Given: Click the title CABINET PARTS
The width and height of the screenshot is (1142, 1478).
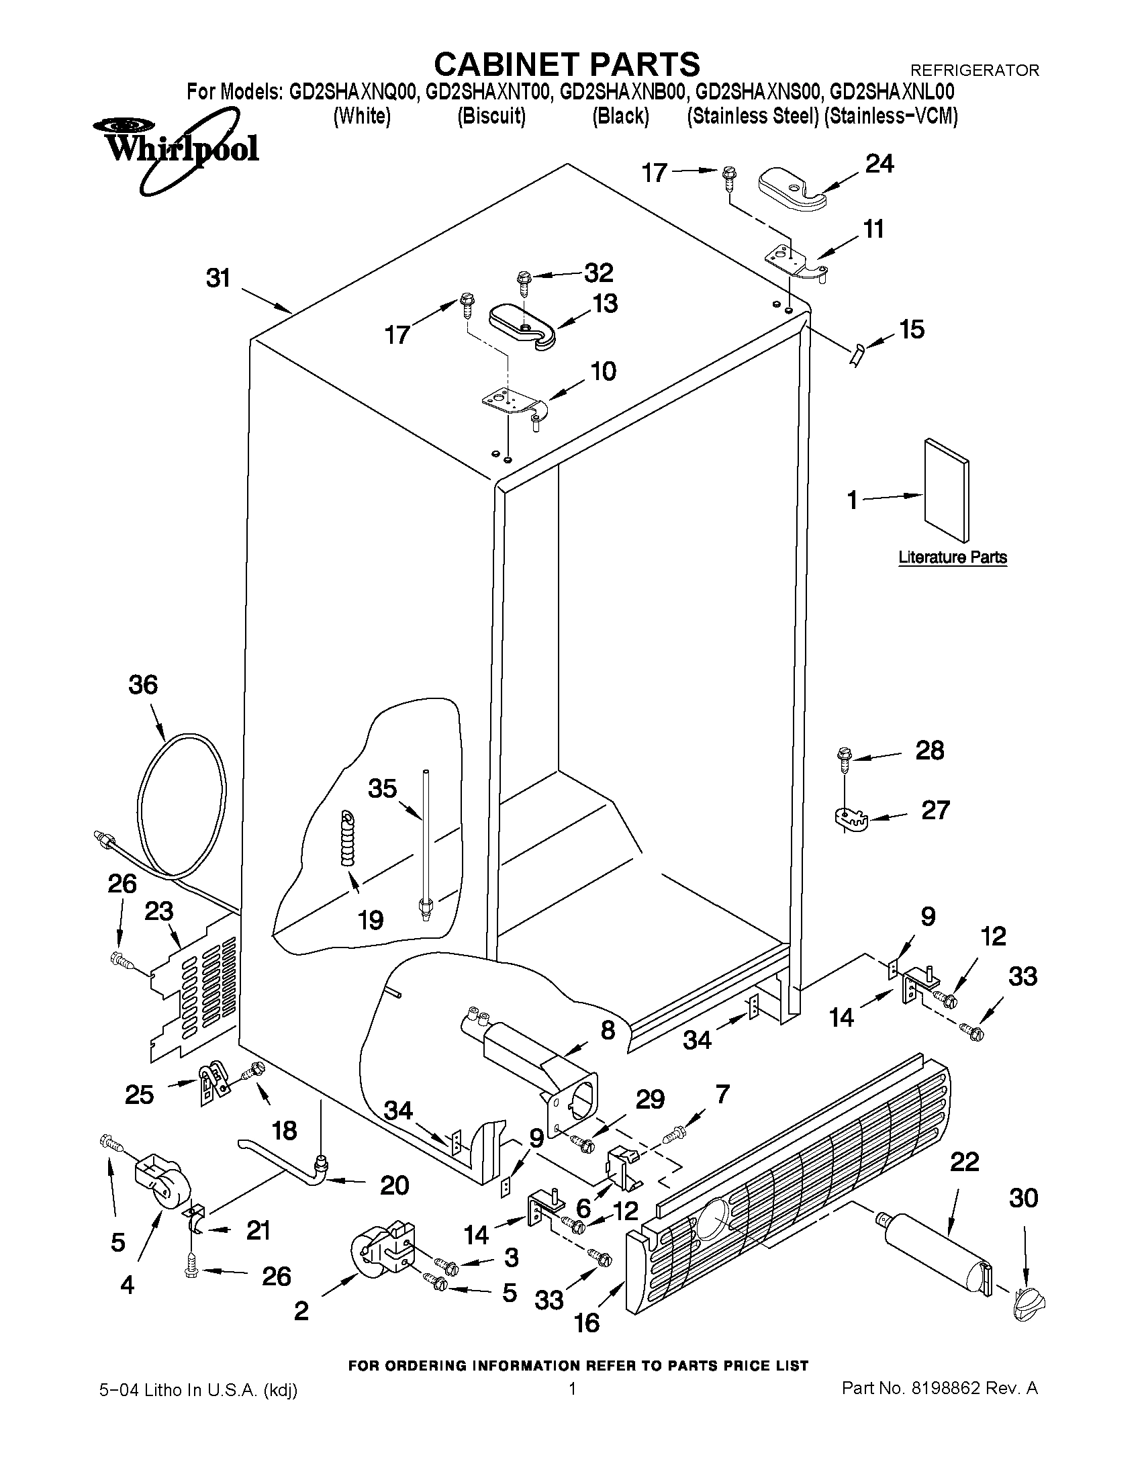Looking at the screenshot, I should (x=566, y=64).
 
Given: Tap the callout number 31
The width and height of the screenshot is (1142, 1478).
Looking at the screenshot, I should (x=218, y=278).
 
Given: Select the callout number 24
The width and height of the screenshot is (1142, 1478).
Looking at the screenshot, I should (x=879, y=164).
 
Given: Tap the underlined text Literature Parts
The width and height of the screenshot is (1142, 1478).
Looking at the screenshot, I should (x=952, y=557).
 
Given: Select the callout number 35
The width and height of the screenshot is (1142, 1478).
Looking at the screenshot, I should (x=382, y=788).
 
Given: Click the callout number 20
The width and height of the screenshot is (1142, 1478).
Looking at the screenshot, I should (x=394, y=1185).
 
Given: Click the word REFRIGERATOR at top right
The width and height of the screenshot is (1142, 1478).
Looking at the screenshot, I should (x=975, y=70).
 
